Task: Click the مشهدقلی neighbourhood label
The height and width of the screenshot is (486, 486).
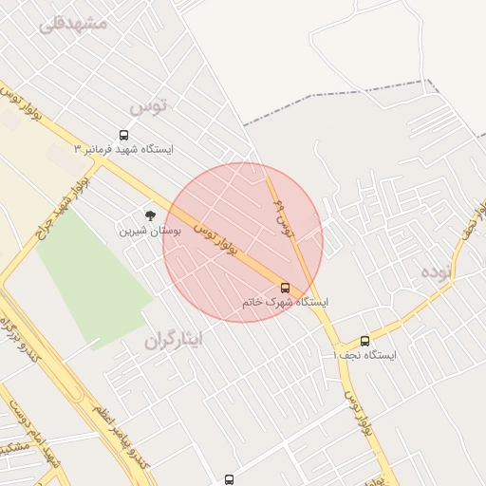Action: [x=74, y=23]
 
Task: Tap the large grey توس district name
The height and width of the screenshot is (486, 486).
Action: [x=147, y=105]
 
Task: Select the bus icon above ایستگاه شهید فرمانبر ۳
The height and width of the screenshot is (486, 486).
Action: [x=124, y=135]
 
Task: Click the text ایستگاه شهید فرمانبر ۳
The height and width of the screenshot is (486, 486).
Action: [x=124, y=150]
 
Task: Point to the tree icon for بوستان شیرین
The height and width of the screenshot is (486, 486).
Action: [x=149, y=215]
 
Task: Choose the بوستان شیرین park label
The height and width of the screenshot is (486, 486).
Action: [x=145, y=230]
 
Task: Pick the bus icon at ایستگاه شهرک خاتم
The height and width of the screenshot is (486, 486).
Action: [x=285, y=287]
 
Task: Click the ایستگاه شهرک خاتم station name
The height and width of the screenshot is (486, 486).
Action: [x=285, y=302]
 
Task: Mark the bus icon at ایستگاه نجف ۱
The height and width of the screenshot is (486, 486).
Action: [x=365, y=341]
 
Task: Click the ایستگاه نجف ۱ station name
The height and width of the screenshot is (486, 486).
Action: [x=365, y=355]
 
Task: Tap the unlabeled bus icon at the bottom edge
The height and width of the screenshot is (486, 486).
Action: [x=229, y=480]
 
